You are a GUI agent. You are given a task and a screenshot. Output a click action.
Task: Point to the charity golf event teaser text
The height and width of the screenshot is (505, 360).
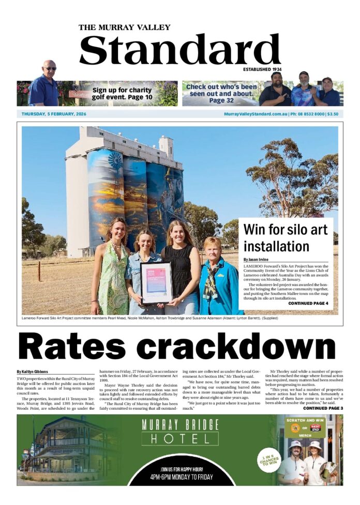click(x=122, y=93)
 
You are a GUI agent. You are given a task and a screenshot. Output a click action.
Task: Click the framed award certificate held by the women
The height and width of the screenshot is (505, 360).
click(x=156, y=283)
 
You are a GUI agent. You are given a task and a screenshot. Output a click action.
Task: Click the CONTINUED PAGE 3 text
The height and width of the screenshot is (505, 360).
click(x=323, y=408)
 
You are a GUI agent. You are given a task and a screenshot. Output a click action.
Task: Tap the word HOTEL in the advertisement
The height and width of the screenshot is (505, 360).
click(x=180, y=439)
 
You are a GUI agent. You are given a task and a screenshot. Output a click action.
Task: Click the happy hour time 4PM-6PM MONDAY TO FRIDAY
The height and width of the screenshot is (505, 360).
click(x=181, y=477)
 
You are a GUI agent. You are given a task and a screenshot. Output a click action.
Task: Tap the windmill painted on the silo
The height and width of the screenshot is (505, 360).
click(x=115, y=160)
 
